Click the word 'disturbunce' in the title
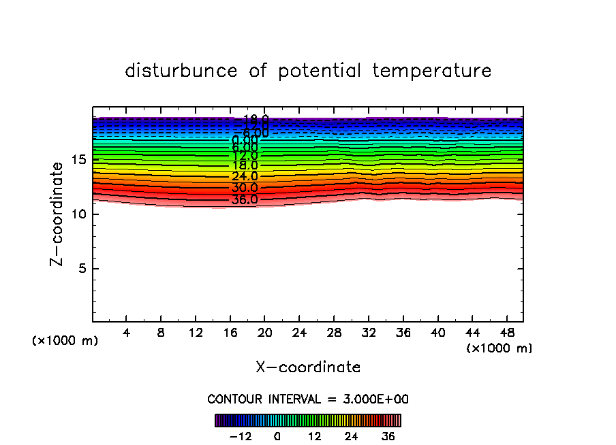click(181, 71)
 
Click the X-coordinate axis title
click(308, 367)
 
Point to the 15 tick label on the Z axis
click(76, 160)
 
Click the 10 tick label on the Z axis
click(76, 214)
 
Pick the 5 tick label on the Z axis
click(80, 269)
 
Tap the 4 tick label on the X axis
click(126, 333)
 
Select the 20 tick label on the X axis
click(264, 333)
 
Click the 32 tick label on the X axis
click(368, 333)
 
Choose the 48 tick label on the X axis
click(506, 333)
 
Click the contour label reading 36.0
click(245, 200)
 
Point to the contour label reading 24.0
click(245, 177)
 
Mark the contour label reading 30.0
click(245, 188)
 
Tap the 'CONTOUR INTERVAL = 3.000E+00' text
click(308, 399)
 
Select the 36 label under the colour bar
click(388, 436)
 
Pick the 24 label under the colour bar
click(352, 436)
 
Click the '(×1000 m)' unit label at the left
click(65, 341)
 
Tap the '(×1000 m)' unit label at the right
click(499, 348)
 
